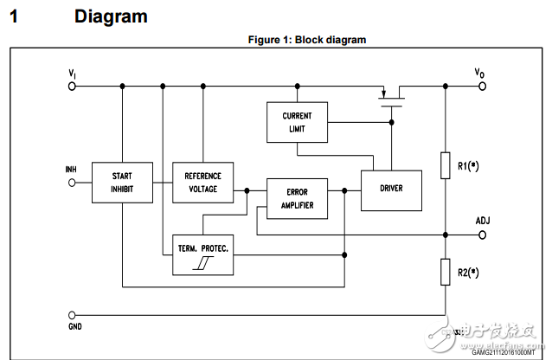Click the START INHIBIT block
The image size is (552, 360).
pyautogui.click(x=122, y=182)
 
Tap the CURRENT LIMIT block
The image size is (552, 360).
pyautogui.click(x=297, y=122)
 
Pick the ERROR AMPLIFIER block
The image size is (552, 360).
pyautogui.click(x=297, y=200)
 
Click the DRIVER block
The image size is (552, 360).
pyautogui.click(x=390, y=188)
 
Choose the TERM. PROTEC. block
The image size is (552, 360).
pyautogui.click(x=202, y=254)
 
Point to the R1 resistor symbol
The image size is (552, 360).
pyautogui.click(x=445, y=164)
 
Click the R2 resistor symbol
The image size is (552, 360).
pyautogui.click(x=445, y=272)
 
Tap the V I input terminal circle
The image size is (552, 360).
pyautogui.click(x=71, y=86)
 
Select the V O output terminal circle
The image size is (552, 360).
pyautogui.click(x=481, y=86)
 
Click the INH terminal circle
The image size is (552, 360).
pyautogui.click(x=71, y=182)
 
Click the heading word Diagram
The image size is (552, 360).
pyautogui.click(x=111, y=16)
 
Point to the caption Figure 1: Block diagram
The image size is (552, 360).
pyautogui.click(x=307, y=40)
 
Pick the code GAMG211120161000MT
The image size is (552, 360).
pyautogui.click(x=502, y=353)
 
